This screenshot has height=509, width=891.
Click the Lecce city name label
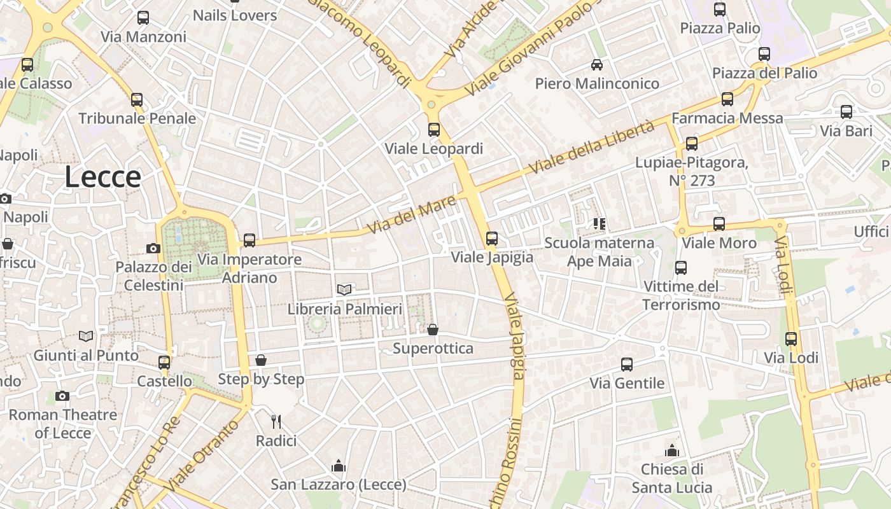[102, 177]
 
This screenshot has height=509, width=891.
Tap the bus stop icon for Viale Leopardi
[434, 130]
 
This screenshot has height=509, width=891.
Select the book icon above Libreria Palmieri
[344, 290]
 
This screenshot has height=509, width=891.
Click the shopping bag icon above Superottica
[433, 330]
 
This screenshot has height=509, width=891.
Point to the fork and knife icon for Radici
[276, 422]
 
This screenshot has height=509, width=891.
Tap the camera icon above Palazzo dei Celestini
[153, 248]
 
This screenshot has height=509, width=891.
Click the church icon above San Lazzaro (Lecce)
[339, 466]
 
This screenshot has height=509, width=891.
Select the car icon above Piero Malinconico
[597, 64]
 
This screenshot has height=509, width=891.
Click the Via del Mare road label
[413, 214]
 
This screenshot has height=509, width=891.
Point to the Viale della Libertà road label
[591, 148]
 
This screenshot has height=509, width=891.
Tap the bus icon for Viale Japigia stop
[492, 239]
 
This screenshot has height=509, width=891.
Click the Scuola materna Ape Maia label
[599, 252]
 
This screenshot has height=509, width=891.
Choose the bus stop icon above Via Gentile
[627, 365]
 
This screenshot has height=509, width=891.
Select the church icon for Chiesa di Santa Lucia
[672, 451]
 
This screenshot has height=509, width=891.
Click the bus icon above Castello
[164, 363]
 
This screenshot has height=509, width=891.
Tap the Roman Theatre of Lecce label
[62, 424]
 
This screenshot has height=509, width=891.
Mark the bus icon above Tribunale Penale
[137, 100]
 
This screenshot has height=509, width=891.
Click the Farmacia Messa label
[727, 118]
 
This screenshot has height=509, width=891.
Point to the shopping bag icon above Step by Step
[261, 360]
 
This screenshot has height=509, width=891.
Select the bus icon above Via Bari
[846, 112]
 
